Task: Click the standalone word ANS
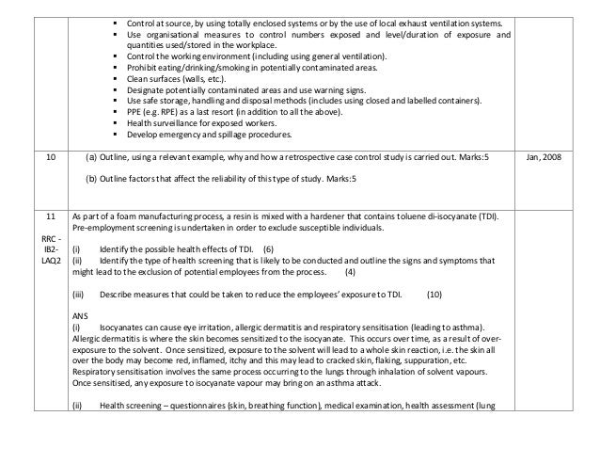coord(80,315)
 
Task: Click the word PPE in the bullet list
coord(120,112)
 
